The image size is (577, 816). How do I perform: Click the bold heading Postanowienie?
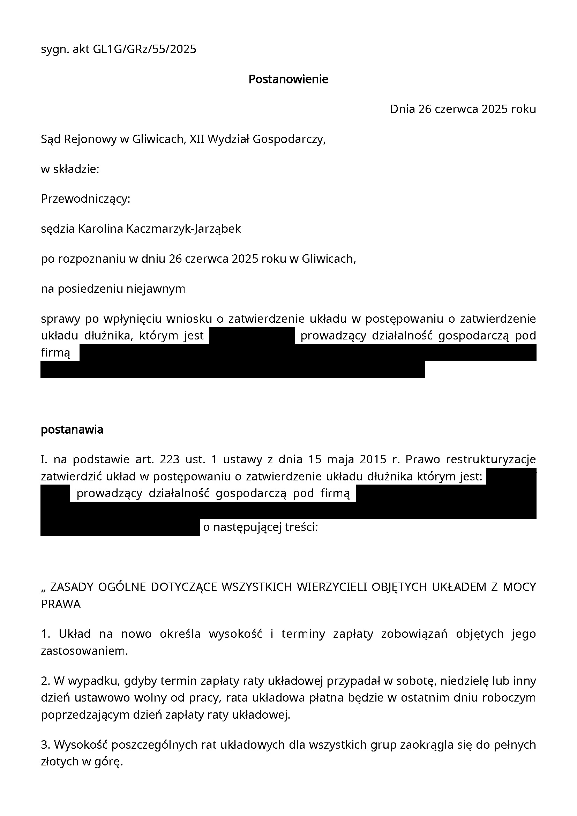(288, 79)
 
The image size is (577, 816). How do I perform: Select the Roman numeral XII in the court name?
(197, 139)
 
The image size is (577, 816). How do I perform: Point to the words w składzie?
(70, 169)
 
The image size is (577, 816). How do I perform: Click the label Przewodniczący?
(85, 199)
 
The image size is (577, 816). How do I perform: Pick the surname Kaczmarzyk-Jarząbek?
(183, 229)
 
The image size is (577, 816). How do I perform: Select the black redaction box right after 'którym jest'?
(252, 336)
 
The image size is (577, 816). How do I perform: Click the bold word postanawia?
(72, 430)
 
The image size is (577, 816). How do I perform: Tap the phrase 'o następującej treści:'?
(260, 527)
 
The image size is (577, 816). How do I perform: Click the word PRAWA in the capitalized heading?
(61, 604)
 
